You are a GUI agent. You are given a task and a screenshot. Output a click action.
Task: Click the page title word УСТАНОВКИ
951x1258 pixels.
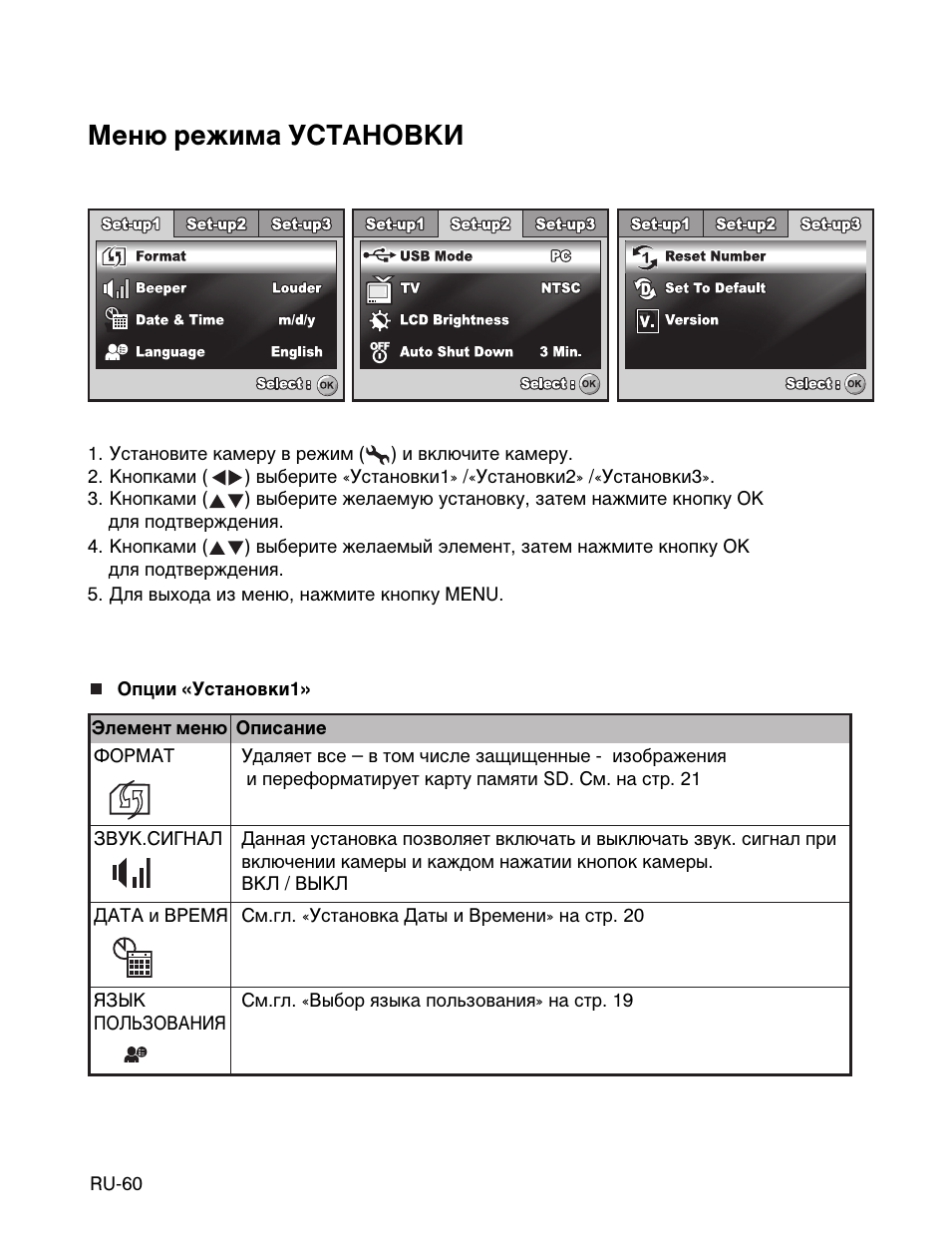coord(376,136)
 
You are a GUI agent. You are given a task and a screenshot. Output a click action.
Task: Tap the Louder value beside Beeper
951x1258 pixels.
coord(296,288)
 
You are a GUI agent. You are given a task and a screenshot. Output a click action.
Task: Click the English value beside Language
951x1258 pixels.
coord(296,352)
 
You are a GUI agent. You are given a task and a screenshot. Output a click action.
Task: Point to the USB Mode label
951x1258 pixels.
coord(436,256)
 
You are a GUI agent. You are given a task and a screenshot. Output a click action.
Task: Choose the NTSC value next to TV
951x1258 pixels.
coord(560,288)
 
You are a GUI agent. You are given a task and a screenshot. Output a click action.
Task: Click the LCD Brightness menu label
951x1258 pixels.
coord(454,320)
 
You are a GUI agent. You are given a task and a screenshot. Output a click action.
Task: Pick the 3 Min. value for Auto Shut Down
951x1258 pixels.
coord(560,352)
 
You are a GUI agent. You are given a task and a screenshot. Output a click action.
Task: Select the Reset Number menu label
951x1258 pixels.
coord(715,256)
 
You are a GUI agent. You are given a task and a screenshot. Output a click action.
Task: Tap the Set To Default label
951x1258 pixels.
coord(715,288)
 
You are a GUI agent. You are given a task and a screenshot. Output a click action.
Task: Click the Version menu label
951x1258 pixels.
coord(691,320)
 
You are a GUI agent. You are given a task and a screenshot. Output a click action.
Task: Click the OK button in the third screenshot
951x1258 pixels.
coord(854,384)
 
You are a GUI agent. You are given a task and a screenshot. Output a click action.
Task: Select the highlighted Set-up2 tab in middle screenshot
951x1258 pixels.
coord(480,224)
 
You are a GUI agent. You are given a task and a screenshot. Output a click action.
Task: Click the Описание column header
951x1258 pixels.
coord(281,728)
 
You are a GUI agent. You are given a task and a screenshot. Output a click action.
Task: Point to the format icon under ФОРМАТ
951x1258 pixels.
coord(131,799)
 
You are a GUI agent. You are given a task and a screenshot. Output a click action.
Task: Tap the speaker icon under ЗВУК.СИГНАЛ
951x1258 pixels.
coord(132,875)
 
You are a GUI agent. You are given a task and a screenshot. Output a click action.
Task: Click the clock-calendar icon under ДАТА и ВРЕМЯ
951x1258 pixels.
coord(133,958)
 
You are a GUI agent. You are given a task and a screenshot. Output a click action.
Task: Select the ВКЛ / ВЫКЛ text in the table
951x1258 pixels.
coord(295,884)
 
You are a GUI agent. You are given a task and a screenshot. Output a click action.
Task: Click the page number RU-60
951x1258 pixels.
coord(116,1184)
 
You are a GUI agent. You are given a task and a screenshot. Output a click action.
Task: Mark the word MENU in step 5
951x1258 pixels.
coord(472,595)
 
